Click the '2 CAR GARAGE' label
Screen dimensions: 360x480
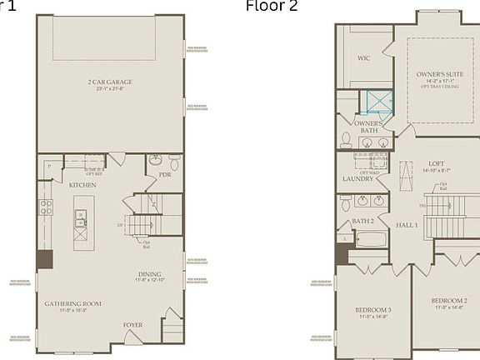[110, 82]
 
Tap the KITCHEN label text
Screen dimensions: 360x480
[82, 184]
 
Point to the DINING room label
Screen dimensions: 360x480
[150, 273]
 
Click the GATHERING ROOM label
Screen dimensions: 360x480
[72, 303]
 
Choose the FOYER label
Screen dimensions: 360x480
[132, 325]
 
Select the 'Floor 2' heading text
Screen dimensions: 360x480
[271, 7]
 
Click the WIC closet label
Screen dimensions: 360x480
[363, 58]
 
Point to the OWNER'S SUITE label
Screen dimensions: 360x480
[438, 74]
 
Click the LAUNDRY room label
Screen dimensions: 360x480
[357, 178]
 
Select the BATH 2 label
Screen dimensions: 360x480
[362, 221]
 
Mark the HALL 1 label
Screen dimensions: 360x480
[407, 225]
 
